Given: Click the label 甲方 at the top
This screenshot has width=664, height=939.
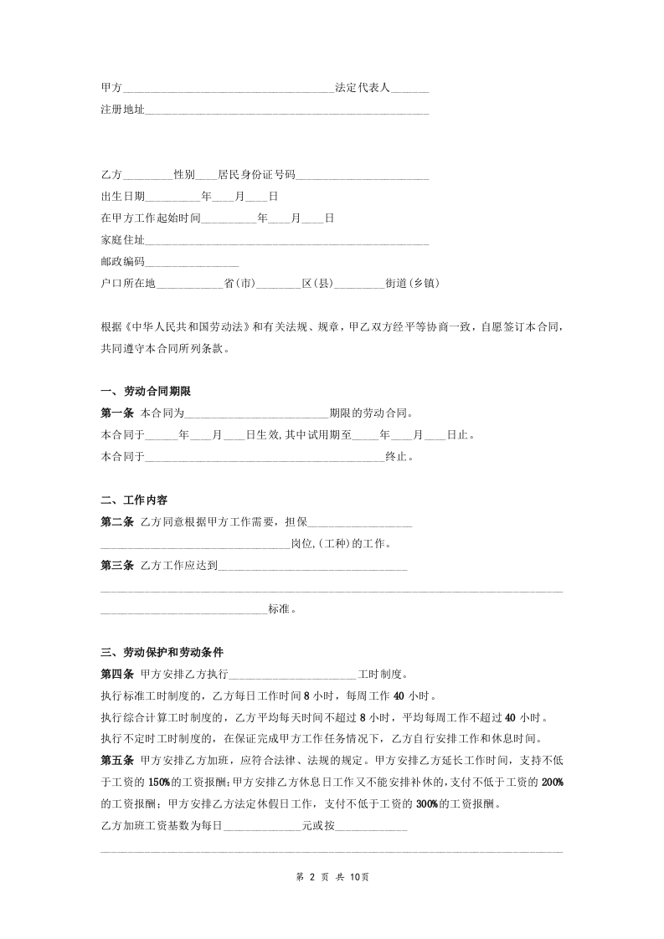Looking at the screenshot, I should (x=111, y=87).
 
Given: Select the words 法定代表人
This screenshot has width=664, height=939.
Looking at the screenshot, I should (x=363, y=87).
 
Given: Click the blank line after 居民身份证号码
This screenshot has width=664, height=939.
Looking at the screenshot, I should (x=363, y=176).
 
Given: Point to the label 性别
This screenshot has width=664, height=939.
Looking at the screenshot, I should (x=184, y=175).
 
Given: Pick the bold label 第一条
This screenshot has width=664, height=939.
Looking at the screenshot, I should (x=116, y=413).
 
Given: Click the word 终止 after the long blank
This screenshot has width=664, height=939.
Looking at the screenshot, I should (x=395, y=457).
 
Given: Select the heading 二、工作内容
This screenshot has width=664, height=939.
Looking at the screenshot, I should (x=134, y=500).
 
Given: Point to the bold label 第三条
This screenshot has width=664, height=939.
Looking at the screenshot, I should (x=116, y=566).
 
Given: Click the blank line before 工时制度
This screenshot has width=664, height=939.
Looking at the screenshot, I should (x=292, y=675).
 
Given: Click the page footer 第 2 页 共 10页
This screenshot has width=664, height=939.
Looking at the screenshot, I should (x=332, y=876).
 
